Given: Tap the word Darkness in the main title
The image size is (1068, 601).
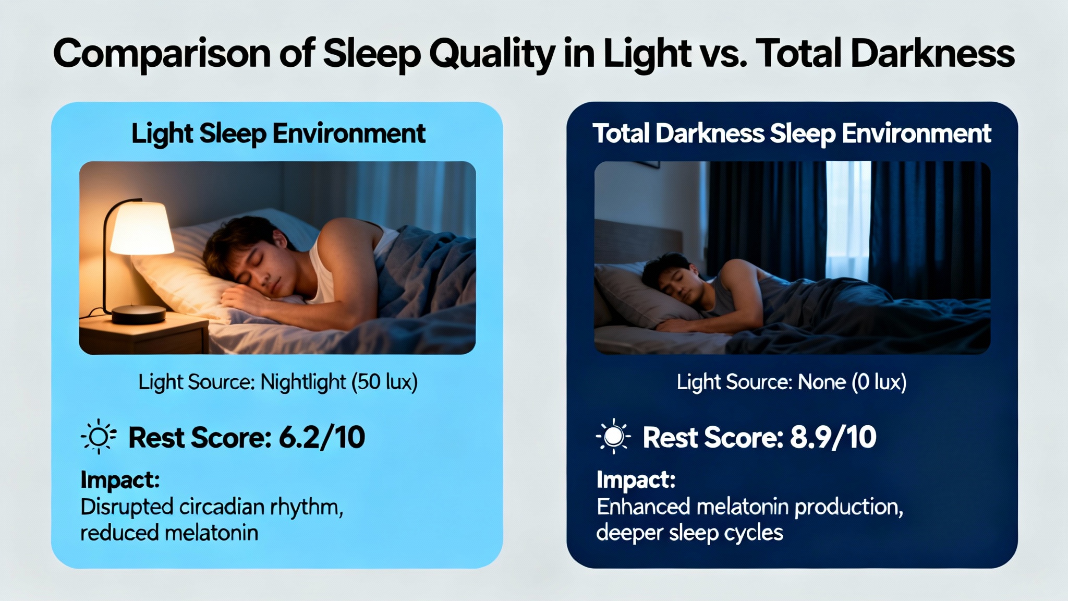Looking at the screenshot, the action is [932, 53].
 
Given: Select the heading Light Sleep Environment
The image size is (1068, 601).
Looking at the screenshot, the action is [278, 134].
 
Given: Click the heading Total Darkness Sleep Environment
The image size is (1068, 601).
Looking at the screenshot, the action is [792, 134].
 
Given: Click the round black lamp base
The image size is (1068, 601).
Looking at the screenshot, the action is [139, 314].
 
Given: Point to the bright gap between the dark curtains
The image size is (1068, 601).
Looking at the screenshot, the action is [848, 219].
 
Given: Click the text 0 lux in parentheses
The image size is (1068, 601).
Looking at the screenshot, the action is [879, 382].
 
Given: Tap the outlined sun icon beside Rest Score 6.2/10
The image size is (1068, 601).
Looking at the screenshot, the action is [98, 437].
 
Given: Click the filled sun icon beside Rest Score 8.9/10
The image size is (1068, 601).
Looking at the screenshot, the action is [613, 436].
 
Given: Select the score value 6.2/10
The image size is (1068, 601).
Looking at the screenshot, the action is [322, 437].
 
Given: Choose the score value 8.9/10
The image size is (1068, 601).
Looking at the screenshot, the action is [833, 437].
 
